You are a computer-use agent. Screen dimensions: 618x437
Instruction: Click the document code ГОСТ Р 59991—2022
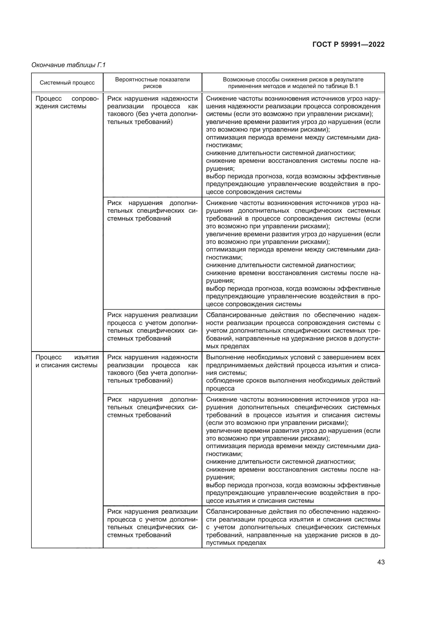coord(348,44)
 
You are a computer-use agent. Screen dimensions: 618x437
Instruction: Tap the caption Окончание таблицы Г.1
coord(68,65)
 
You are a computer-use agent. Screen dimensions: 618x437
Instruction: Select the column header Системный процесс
coord(67,83)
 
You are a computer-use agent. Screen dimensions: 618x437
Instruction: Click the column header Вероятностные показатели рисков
coord(152,83)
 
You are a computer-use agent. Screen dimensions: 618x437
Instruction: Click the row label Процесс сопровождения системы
coord(67,102)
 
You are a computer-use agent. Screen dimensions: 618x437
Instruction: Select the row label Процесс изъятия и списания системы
coord(67,361)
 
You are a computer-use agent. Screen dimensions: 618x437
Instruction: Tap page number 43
coord(381,562)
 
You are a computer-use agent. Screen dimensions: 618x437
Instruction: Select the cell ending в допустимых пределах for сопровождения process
coord(293,331)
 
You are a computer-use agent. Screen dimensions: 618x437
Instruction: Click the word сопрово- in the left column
coord(85,99)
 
